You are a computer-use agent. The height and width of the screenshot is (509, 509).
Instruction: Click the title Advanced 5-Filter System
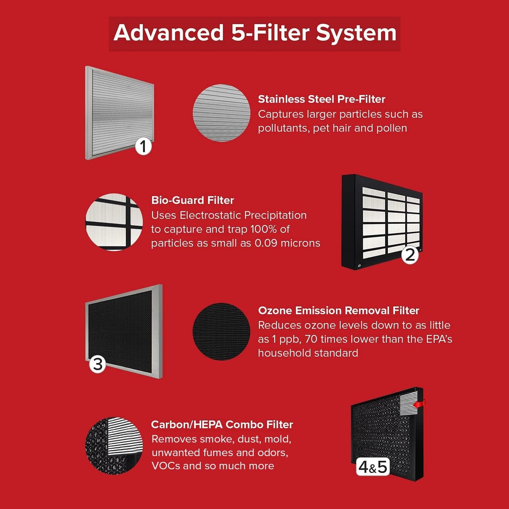click(x=255, y=33)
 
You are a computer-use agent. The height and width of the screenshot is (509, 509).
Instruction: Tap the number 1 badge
click(x=143, y=146)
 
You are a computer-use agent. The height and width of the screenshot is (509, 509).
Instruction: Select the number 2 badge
click(x=410, y=255)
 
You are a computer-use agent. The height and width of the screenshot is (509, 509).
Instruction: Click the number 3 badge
click(x=98, y=364)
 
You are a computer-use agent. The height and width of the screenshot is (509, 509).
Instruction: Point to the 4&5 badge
click(x=373, y=467)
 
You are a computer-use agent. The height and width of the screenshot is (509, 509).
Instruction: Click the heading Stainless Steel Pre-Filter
click(x=322, y=99)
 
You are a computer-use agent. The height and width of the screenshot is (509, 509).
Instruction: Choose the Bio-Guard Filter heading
click(x=192, y=200)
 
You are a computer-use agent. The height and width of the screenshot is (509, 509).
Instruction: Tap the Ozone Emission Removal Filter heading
click(x=339, y=310)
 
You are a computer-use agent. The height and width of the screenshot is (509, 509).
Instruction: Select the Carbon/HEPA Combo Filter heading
click(x=222, y=424)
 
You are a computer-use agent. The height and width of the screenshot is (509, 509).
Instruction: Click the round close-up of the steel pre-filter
click(x=221, y=113)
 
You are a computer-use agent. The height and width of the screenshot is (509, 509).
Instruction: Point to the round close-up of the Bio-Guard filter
click(x=114, y=222)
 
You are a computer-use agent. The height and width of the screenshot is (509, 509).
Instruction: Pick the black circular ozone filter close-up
click(x=221, y=331)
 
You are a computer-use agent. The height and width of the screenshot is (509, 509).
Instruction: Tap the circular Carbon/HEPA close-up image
click(x=114, y=446)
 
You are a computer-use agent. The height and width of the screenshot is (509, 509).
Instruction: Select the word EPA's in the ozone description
click(x=439, y=339)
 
